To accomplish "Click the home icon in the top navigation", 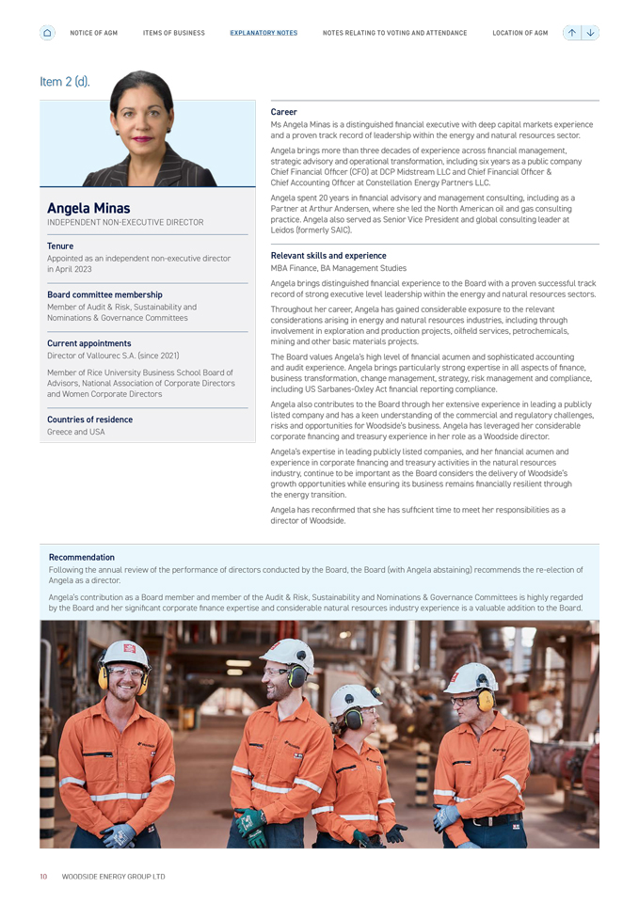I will [47, 33].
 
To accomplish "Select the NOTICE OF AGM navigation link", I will [93, 33].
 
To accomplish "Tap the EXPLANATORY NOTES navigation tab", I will [264, 33].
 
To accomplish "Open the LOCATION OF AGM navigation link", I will [519, 33].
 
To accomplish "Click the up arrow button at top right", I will [572, 33].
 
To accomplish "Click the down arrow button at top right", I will [590, 33].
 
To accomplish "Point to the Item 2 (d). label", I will [65, 82].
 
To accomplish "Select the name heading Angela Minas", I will [88, 208].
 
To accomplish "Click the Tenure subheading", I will [60, 246].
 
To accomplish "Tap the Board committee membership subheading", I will [104, 294].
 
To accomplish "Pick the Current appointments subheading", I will [89, 343].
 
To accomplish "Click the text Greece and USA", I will [76, 432].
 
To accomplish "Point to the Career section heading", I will [283, 112].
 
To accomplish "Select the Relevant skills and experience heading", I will [328, 255].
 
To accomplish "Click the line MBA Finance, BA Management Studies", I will [339, 268].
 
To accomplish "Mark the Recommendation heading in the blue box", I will [82, 557].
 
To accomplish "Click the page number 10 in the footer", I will [43, 876].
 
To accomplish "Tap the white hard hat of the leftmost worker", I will [125, 652].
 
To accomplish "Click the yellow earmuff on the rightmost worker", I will [486, 699].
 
